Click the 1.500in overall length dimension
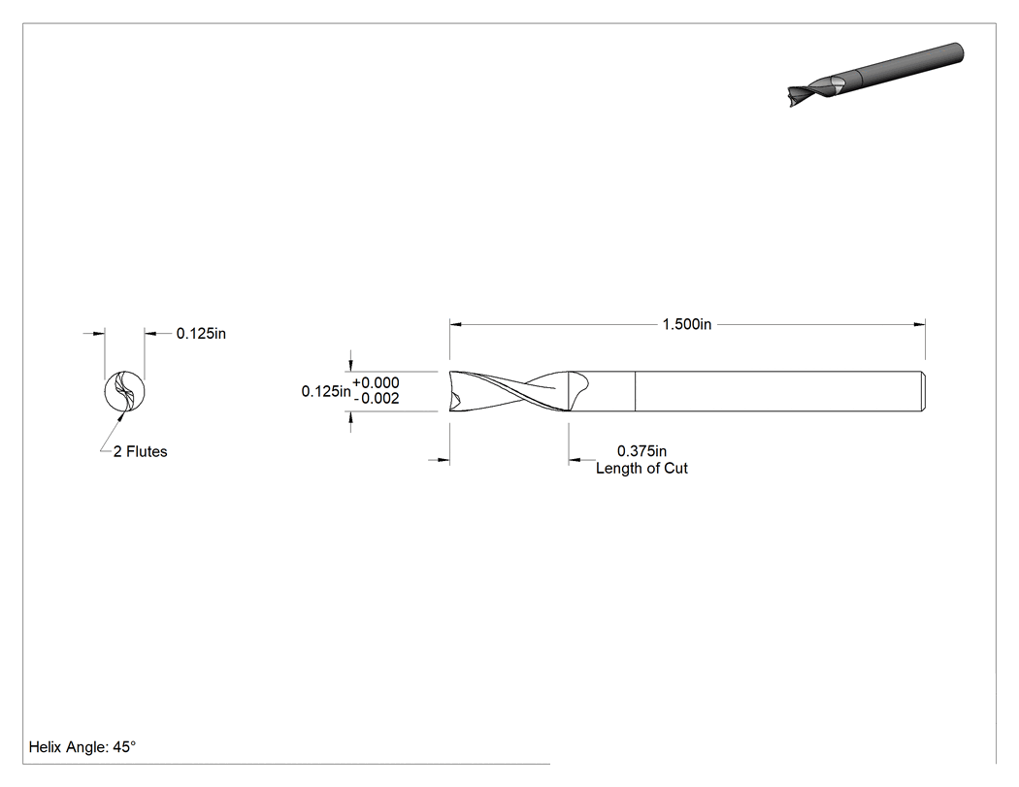tap(687, 324)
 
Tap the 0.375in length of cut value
tap(641, 451)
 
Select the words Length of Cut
tap(641, 469)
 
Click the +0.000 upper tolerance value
tap(376, 382)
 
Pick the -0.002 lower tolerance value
tap(377, 399)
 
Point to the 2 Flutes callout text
tap(140, 451)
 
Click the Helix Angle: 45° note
tap(82, 747)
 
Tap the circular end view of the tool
tap(125, 391)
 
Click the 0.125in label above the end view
tap(202, 334)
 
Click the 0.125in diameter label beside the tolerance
tap(326, 391)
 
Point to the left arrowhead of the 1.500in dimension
tap(455, 324)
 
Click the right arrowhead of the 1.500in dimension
tap(919, 324)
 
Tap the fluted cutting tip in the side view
tap(509, 391)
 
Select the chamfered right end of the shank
tap(923, 391)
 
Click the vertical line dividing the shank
tap(635, 391)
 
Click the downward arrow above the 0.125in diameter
tap(351, 365)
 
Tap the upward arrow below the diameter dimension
tap(351, 418)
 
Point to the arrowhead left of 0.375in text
tap(575, 461)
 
